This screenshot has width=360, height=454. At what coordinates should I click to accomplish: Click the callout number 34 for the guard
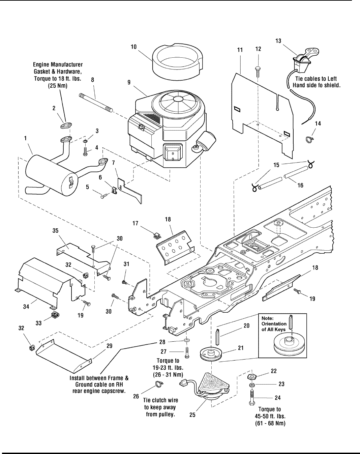pyautogui.click(x=26, y=307)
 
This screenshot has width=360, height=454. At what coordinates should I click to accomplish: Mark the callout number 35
pyautogui.click(x=55, y=231)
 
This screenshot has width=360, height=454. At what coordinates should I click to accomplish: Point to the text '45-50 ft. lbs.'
pyautogui.click(x=269, y=416)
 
